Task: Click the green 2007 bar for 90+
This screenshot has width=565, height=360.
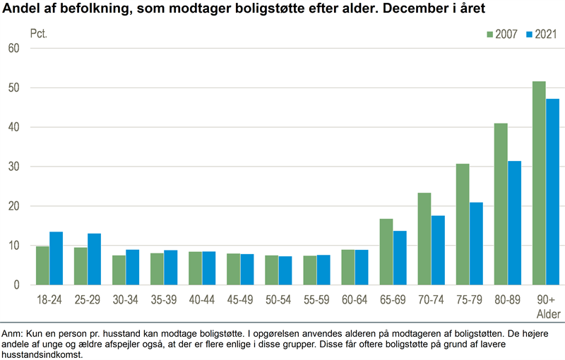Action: (538, 184)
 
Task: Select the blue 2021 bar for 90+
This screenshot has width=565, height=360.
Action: (552, 192)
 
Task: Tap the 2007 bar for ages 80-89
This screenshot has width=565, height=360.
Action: (501, 204)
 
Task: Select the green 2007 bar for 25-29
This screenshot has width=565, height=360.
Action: (81, 266)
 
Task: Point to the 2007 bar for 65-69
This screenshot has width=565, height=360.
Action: (386, 252)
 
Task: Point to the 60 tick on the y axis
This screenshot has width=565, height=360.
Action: (13, 48)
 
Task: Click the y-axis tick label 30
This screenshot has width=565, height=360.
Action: (13, 167)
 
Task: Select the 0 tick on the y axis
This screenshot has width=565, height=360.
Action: (16, 285)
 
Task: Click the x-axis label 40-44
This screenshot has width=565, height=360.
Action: (202, 299)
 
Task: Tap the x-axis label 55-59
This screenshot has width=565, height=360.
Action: (316, 299)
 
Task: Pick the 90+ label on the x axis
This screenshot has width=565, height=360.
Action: (545, 299)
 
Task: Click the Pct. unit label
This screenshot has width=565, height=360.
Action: (40, 33)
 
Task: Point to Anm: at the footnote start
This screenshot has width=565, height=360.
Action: (13, 332)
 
